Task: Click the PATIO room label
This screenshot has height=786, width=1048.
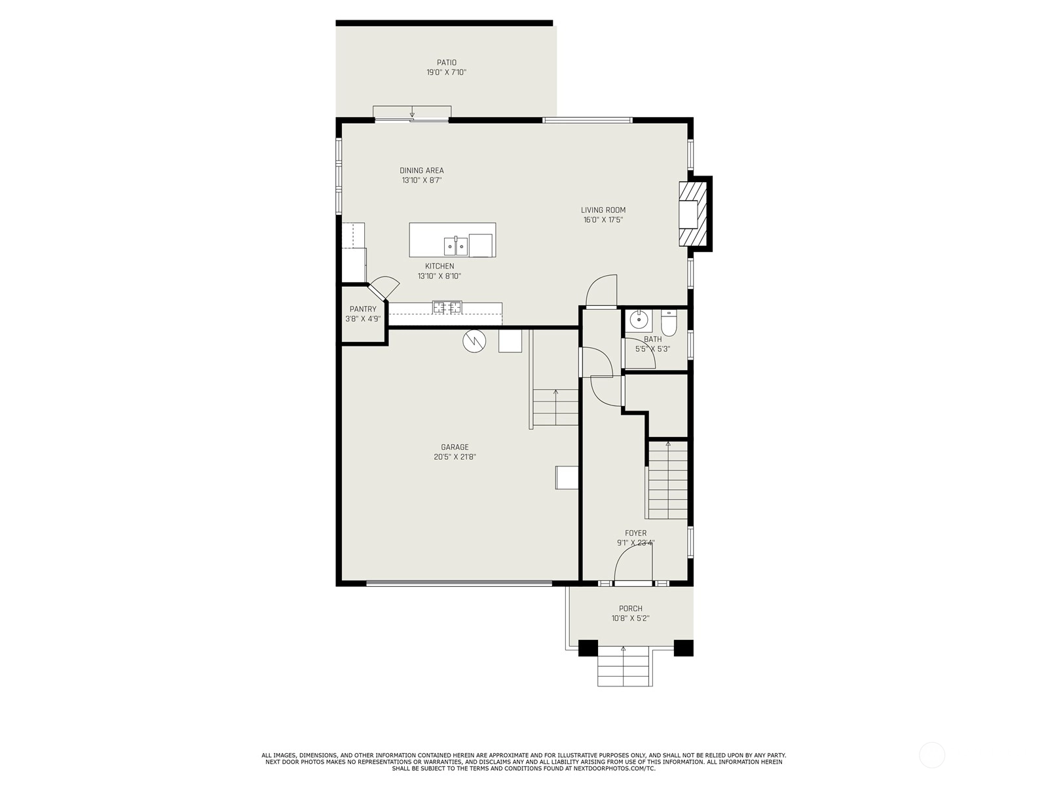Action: (447, 62)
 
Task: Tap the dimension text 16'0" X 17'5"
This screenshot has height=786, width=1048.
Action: (603, 220)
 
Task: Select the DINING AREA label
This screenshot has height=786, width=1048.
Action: (422, 170)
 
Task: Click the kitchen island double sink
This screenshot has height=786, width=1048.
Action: (456, 246)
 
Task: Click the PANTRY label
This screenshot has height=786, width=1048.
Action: (363, 309)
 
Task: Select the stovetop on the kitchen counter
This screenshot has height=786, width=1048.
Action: (447, 307)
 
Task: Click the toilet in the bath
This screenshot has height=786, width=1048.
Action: (669, 323)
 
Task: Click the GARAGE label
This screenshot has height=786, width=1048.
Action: (455, 447)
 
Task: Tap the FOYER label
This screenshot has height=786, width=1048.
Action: (635, 533)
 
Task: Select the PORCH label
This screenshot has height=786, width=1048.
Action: (630, 608)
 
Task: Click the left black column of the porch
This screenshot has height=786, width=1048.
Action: (588, 648)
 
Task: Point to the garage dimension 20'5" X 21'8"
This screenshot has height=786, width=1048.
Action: (455, 457)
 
